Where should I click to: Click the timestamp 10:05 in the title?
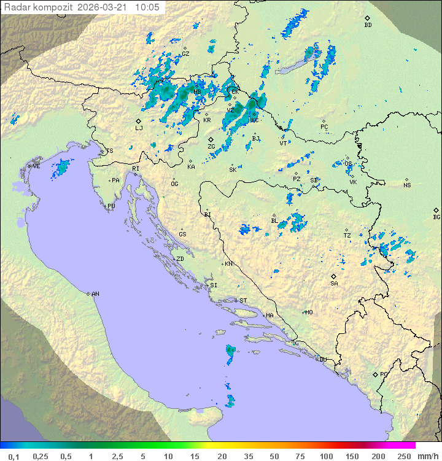pos(147,7)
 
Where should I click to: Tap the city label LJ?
pos(139,128)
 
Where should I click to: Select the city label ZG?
pos(211,147)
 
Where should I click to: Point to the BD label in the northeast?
pos(368,25)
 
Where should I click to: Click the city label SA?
pos(334,284)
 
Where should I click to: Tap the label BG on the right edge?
pos(436,217)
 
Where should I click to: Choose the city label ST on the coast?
pos(243,301)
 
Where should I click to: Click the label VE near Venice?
pos(36,166)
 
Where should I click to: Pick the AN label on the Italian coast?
pos(95,294)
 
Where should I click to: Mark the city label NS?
pos(407,185)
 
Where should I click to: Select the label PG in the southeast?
pos(384,374)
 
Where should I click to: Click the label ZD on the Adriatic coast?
pos(180,259)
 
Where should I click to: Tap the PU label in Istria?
pos(111,206)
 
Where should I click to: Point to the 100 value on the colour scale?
pos(326,456)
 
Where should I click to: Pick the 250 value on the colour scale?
pos(403,456)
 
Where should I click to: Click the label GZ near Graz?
pos(185,53)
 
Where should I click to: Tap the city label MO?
pos(309,312)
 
